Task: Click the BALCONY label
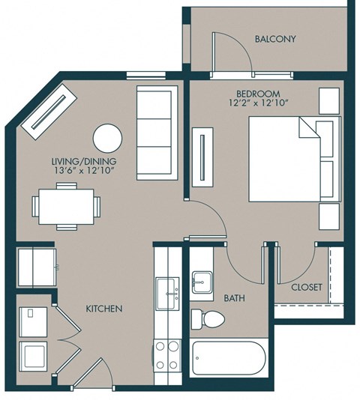point(275,39)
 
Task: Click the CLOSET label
point(306,287)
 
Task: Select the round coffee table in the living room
point(107,139)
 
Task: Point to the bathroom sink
point(201,283)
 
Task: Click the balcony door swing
point(226,54)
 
